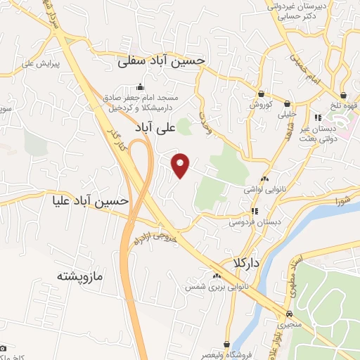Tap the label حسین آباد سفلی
pyautogui.click(x=161, y=61)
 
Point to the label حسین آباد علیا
pyautogui.click(x=91, y=201)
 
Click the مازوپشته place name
pyautogui.click(x=81, y=276)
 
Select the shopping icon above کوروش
pyautogui.click(x=261, y=94)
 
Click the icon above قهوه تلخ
pyautogui.click(x=343, y=95)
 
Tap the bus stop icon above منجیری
pyautogui.click(x=290, y=314)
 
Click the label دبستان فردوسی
pyautogui.click(x=255, y=221)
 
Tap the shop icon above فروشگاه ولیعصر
pyautogui.click(x=227, y=344)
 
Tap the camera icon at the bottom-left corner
pyautogui.click(x=4, y=348)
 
